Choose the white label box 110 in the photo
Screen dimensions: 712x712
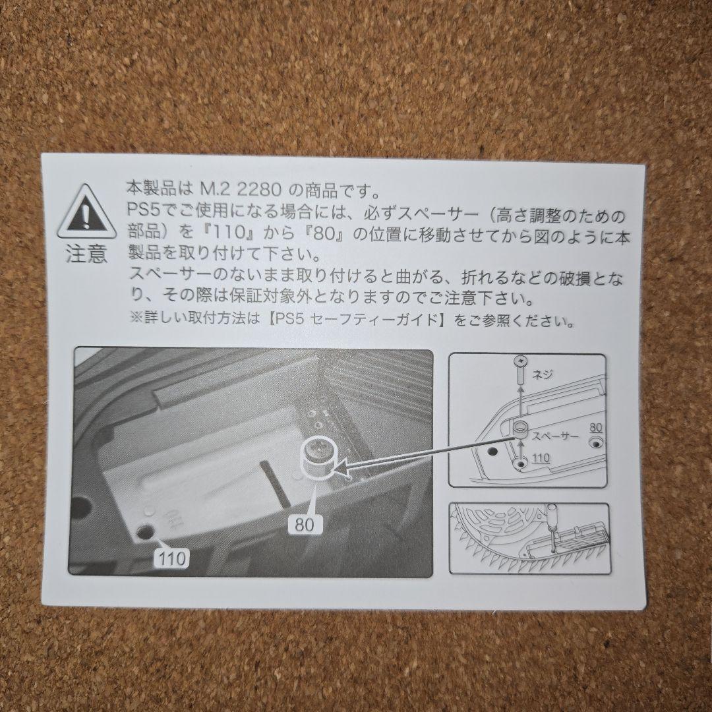pos(173,558)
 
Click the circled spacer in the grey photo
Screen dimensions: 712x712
pos(317,458)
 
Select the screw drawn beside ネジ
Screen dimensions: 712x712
pos(520,370)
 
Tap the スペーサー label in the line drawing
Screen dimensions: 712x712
pos(555,436)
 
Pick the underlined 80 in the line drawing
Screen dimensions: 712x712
pos(595,427)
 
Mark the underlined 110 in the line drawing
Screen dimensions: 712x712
pos(541,458)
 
